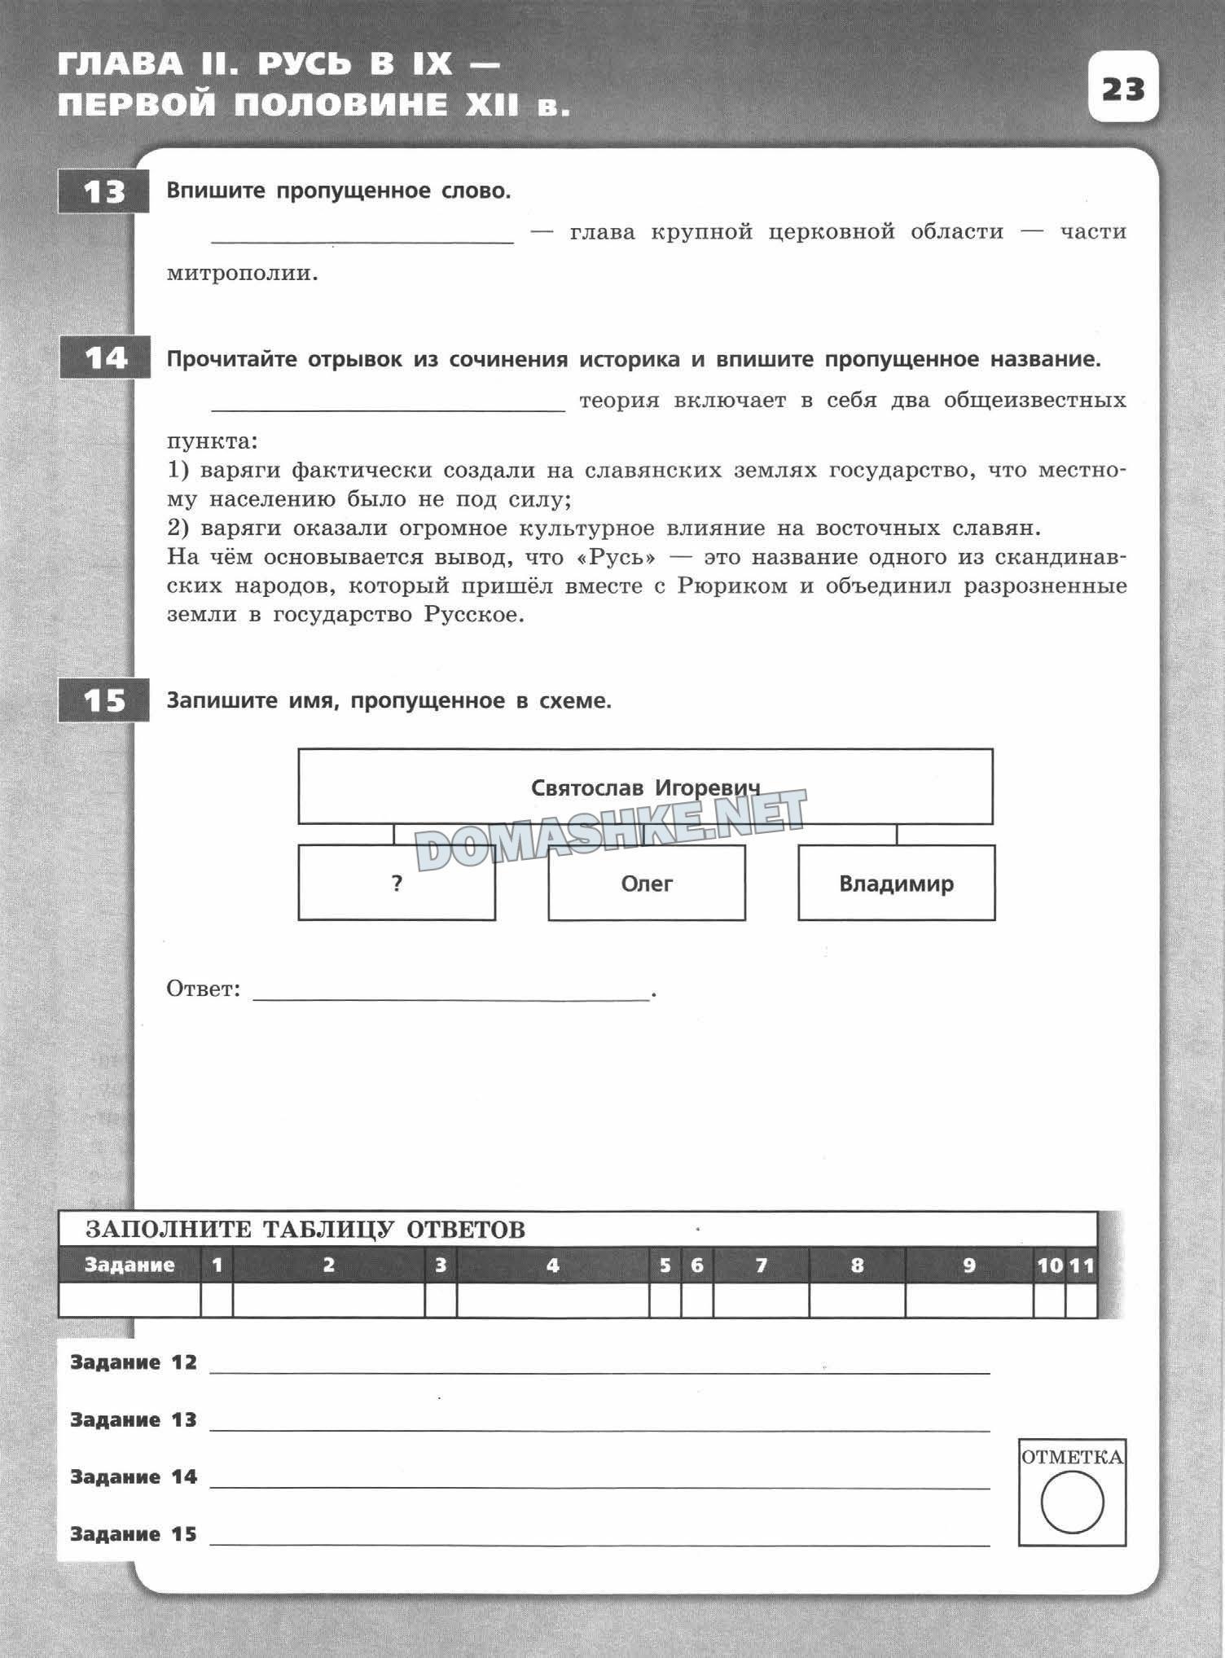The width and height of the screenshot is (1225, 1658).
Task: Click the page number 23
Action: tap(1123, 88)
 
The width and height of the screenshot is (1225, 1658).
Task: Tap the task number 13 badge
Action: tap(103, 192)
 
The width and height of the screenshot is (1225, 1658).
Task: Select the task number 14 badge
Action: tap(105, 358)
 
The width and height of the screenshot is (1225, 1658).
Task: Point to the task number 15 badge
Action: tap(104, 700)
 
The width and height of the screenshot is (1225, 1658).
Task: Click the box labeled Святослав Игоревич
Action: tap(645, 787)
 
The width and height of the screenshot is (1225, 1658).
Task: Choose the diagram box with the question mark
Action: tap(397, 884)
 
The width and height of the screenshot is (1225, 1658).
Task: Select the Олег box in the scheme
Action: tap(647, 884)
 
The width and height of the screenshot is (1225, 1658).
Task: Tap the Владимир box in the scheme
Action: tap(896, 884)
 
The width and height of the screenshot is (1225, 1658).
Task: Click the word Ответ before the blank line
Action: tap(203, 989)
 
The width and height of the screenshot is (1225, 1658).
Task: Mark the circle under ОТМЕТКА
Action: tap(1072, 1502)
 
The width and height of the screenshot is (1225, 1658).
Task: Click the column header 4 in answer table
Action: tap(553, 1265)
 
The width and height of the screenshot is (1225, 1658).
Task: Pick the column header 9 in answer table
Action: tap(968, 1265)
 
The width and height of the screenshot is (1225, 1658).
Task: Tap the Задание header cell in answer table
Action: tap(130, 1265)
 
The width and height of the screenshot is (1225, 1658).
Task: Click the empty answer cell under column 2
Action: tap(328, 1300)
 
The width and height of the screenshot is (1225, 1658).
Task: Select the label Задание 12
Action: tap(134, 1362)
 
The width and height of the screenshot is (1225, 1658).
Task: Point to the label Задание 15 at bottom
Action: tap(134, 1534)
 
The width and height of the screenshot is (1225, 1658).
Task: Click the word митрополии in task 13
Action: tap(242, 274)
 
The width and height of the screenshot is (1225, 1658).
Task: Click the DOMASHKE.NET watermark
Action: tap(611, 827)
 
